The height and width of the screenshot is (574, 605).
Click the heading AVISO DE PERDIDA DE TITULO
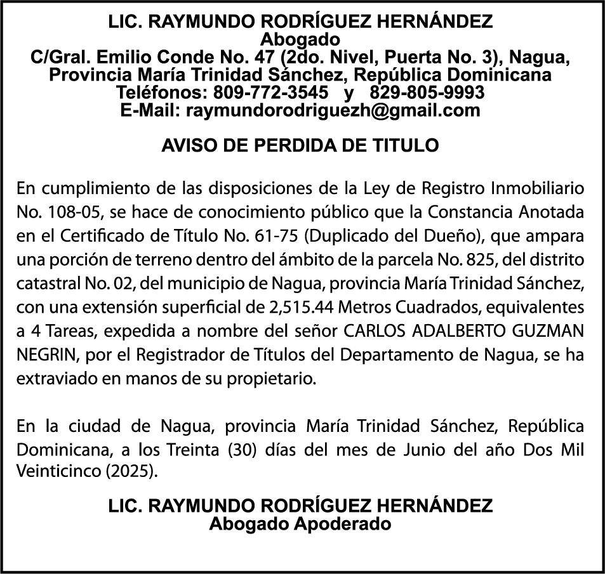[x=300, y=146]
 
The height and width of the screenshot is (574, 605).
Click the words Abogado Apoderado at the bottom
[x=300, y=525]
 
